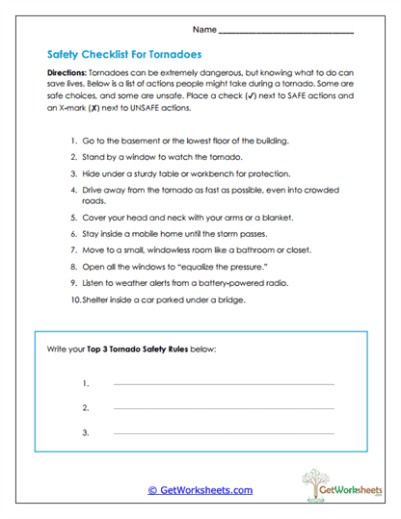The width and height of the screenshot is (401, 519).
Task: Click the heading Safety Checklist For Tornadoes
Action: point(123,55)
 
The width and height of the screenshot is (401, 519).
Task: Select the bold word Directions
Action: point(70,73)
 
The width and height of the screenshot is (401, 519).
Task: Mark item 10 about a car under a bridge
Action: point(164,299)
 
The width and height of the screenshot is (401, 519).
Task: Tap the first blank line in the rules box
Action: point(224,384)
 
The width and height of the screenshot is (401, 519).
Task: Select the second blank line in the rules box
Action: point(224,408)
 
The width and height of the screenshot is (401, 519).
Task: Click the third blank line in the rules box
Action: point(224,433)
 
